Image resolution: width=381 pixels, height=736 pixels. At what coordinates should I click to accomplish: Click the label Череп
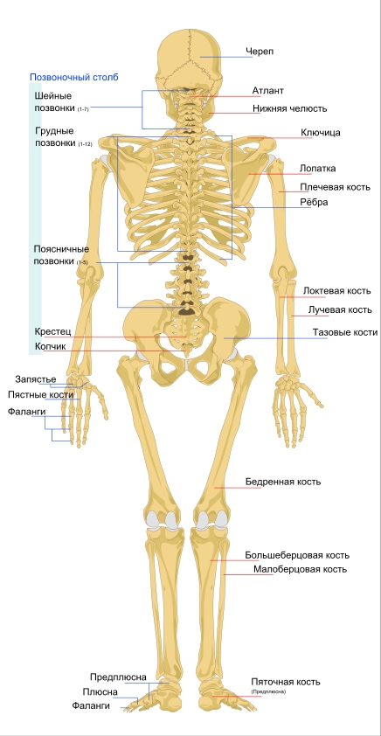coord(260,52)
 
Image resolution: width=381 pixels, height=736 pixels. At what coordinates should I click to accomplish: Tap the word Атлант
coord(268,90)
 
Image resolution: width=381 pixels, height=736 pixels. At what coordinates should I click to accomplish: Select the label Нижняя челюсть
coord(290,108)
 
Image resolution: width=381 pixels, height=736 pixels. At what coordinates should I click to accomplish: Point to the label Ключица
coord(321,132)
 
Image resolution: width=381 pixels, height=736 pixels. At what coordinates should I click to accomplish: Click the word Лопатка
coord(318,168)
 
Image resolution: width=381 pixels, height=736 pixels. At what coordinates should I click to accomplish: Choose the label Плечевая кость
coord(335,187)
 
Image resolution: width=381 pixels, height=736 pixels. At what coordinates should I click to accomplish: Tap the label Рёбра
coord(314,202)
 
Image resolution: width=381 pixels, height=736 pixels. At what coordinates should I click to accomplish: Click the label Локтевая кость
coord(337,290)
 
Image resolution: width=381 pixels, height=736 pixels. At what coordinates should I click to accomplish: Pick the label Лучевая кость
coord(340,309)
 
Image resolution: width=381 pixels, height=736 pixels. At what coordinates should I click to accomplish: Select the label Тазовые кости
coord(345,332)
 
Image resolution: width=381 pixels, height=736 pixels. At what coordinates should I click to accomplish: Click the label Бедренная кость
coord(283,482)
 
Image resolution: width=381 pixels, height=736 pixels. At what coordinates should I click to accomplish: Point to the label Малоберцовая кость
coord(301,569)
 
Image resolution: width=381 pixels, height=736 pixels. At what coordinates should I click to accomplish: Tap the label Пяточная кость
coord(286,682)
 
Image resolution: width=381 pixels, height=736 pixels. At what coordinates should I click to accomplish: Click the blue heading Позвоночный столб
coord(74,78)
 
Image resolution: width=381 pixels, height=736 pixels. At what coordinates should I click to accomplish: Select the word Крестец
coord(52,331)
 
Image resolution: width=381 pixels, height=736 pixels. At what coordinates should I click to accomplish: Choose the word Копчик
coord(50,346)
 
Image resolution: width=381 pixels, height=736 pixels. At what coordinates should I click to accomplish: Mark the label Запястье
coord(36,378)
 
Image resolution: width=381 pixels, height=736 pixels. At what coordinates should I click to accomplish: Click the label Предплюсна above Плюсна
coord(118,677)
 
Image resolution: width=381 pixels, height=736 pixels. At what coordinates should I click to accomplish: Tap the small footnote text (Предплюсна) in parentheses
coord(268,692)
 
